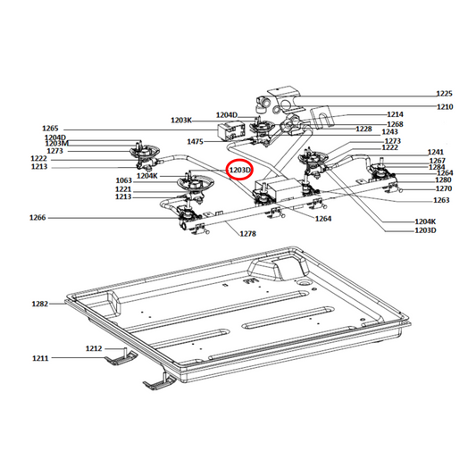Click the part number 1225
[444, 94]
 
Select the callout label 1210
[444, 107]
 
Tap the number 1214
[395, 115]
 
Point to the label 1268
[395, 124]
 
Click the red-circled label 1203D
[240, 168]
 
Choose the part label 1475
[196, 141]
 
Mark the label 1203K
[181, 120]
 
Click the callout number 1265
[50, 129]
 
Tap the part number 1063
[123, 181]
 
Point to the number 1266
[38, 218]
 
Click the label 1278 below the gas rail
[247, 233]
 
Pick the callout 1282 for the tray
[40, 305]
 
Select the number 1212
[94, 347]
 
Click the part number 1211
[40, 358]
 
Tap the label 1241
[436, 152]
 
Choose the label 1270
[443, 189]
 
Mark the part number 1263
[440, 200]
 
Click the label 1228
[363, 129]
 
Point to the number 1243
[389, 132]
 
